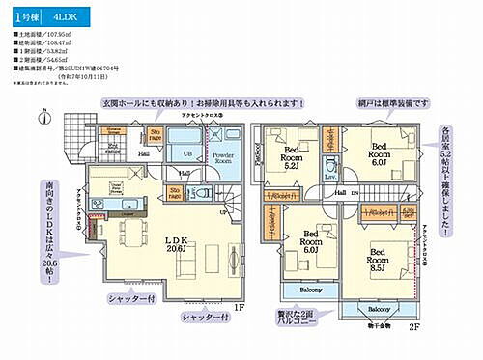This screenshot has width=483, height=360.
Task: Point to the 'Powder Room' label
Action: (223, 159)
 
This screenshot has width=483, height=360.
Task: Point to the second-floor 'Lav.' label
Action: (330, 177)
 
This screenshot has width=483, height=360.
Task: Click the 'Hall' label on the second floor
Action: (340, 193)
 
